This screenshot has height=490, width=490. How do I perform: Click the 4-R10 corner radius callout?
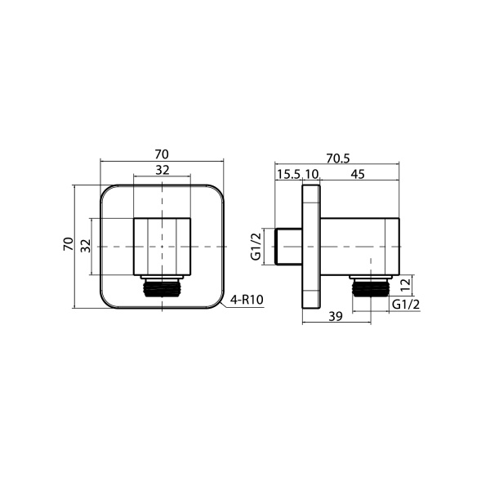tap(247, 300)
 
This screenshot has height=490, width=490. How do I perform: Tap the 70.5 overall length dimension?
tap(338, 158)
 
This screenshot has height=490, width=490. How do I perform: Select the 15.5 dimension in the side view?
tap(289, 174)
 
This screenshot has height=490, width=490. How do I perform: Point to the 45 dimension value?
tap(358, 174)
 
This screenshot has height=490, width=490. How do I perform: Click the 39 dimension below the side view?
tap(336, 316)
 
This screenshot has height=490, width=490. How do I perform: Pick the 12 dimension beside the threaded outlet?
tap(405, 285)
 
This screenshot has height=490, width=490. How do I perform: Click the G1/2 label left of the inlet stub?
tap(256, 247)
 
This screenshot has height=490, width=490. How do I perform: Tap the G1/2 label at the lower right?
tap(406, 304)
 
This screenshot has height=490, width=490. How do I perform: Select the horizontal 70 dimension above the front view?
tap(162, 154)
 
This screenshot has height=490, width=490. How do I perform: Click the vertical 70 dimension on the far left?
tap(69, 243)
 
